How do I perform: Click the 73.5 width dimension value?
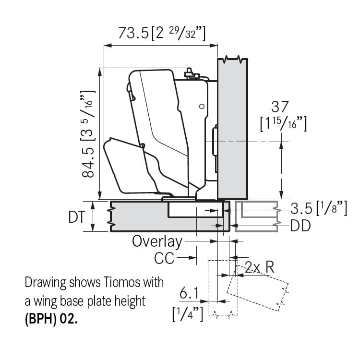pos(133,33)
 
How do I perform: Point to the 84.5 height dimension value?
pos(88,162)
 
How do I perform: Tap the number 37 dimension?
pos(280,107)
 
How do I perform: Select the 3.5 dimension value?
pos(301,209)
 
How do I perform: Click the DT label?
pos(77,217)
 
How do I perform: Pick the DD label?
pos(300,226)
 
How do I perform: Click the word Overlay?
pos(157,241)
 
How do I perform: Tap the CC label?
pos(164,258)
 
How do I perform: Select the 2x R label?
pos(259,267)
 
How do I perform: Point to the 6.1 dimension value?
pos(189,293)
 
